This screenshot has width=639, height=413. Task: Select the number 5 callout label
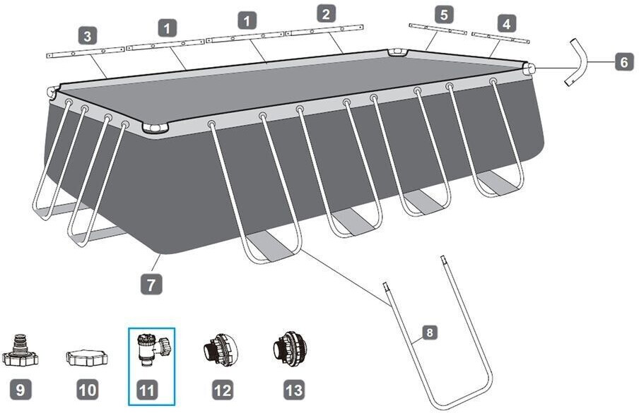coord(444,13)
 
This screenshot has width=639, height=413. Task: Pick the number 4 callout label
coord(505,23)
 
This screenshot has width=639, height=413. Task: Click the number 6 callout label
coord(623,62)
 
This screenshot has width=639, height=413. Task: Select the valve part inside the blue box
coord(151,350)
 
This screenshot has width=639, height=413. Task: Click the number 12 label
coord(221,388)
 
